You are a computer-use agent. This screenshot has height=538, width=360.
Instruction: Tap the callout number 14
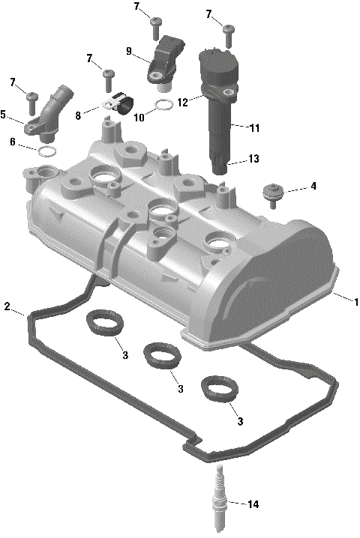coord(253,505)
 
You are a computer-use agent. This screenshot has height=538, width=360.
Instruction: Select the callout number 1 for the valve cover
coord(356,303)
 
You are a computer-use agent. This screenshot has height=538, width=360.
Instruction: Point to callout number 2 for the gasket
coord(7,306)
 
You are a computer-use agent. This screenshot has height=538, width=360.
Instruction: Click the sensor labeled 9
coord(165,60)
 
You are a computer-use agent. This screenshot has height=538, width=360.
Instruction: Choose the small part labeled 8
coord(120,103)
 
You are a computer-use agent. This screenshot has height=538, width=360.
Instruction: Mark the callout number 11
coord(254,128)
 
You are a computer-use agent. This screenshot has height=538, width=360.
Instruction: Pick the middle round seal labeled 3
coord(158,354)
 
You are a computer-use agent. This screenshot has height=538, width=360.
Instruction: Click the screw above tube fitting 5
coord(32,98)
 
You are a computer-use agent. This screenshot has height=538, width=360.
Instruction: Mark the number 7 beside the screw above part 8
coord(89,58)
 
